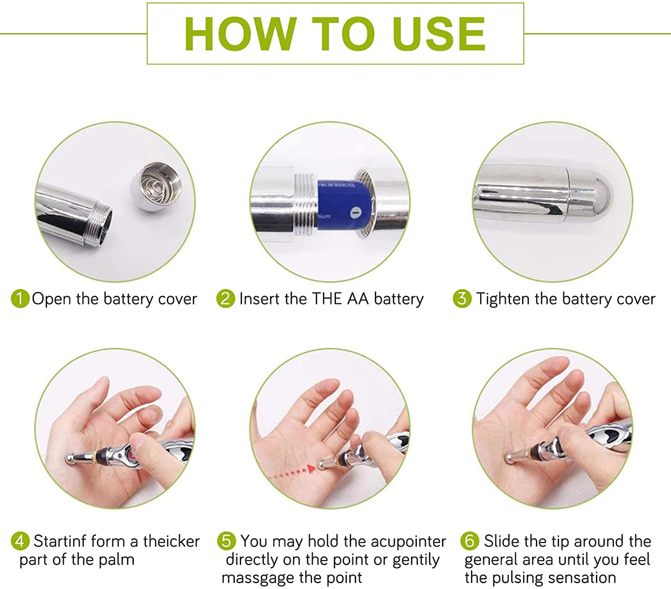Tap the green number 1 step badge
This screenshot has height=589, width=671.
pos(20,299)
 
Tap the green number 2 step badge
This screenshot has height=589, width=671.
pos(225,299)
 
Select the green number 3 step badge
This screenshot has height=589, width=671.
pos(462,299)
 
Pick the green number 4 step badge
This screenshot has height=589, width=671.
pos(20,541)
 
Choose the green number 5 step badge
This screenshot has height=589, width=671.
pos(226,541)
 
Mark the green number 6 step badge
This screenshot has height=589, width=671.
pos(470,541)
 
